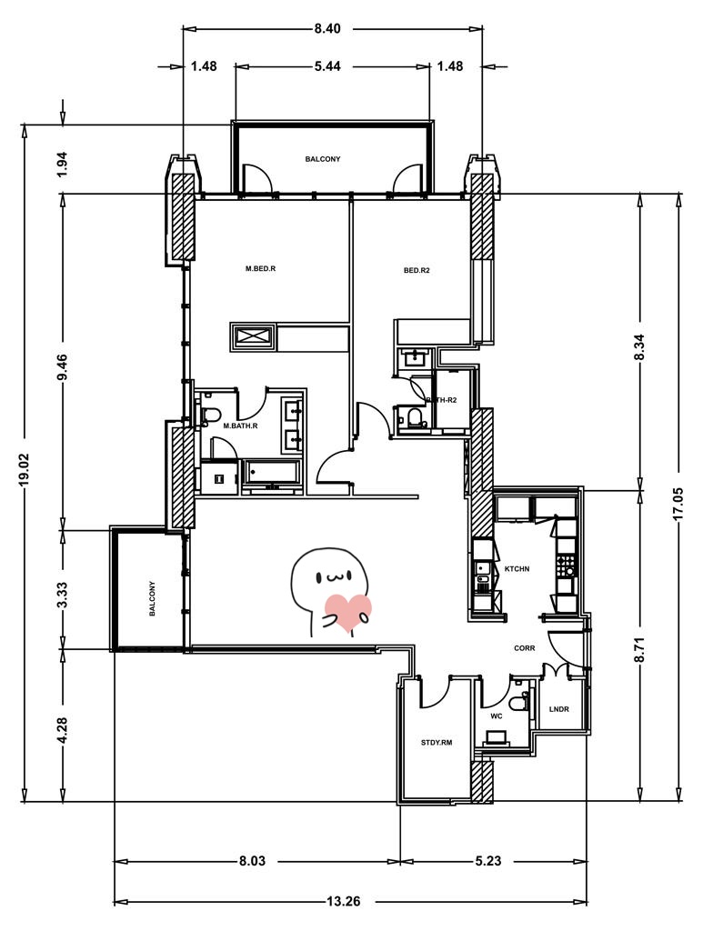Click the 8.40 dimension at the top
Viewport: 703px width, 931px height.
pyautogui.click(x=327, y=28)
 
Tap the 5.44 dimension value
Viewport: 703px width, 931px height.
pyautogui.click(x=327, y=65)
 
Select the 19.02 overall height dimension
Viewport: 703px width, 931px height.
pyautogui.click(x=25, y=470)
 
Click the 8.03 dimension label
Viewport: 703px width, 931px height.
pyautogui.click(x=252, y=860)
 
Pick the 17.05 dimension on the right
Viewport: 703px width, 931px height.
pyautogui.click(x=678, y=504)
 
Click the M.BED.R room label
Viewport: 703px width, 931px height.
pyautogui.click(x=261, y=268)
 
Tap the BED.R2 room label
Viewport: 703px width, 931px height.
pyautogui.click(x=417, y=270)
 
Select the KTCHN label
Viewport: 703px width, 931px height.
pyautogui.click(x=517, y=569)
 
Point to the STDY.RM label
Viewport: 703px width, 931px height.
pyautogui.click(x=437, y=742)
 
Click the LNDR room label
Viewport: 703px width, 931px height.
pyautogui.click(x=558, y=709)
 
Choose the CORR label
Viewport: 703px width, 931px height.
pyautogui.click(x=524, y=648)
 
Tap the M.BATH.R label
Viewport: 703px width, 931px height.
pyautogui.click(x=240, y=425)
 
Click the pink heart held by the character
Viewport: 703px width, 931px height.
pyautogui.click(x=348, y=612)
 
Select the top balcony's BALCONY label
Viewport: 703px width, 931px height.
pyautogui.click(x=323, y=159)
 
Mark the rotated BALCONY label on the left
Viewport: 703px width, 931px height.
pyautogui.click(x=152, y=598)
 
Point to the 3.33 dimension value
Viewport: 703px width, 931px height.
pyautogui.click(x=63, y=594)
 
